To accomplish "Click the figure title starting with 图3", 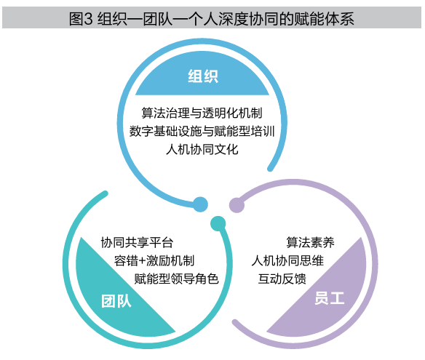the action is coord(212,18).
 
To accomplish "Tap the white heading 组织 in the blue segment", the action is coord(203,76).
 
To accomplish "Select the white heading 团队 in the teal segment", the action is coord(116,301).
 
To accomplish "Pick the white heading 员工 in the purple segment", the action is coord(330,298).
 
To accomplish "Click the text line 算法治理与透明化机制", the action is coord(202,113).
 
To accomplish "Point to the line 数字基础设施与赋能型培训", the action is coord(202,132).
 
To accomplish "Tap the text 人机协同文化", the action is coord(202,150).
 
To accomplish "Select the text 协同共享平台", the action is coord(137,242).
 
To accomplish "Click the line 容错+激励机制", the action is coord(154,261).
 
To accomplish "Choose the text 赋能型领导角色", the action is coord(176,279).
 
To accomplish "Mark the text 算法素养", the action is coord(310,242).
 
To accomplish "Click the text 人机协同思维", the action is coord(287,261).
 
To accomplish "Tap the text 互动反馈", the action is coord(282,279).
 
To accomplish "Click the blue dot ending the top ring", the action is coord(200,204).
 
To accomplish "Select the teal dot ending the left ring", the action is coord(218,224).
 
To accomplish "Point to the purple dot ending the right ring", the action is coord(237,205).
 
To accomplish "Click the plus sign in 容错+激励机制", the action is coord(142,261).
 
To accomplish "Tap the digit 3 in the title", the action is coord(88,19).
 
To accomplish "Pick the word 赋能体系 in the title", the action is coord(325,19).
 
